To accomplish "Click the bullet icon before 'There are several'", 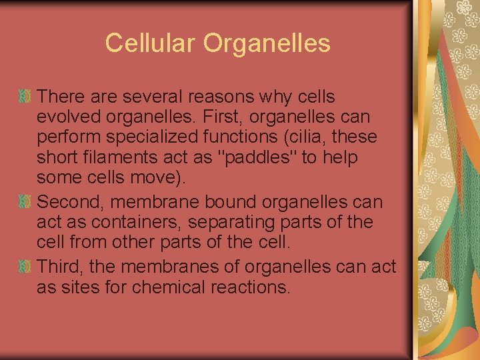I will tap(25, 97).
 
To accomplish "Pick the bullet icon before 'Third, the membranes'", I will tap(25, 267).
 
